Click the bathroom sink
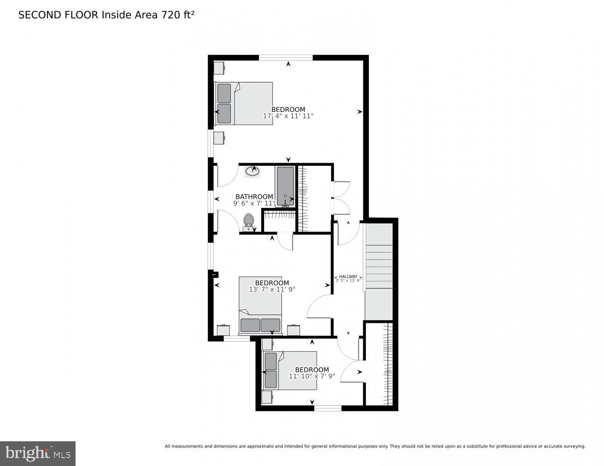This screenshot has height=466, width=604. [x=252, y=171]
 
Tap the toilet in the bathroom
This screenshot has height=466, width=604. [x=249, y=222]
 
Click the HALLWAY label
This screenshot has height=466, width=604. [x=348, y=276]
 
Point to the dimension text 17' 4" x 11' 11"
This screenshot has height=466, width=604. [x=288, y=116]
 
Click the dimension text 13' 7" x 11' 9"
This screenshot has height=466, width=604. [x=272, y=289]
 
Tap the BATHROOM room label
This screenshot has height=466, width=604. [x=254, y=197]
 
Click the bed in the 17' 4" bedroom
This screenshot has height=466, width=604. [x=244, y=103]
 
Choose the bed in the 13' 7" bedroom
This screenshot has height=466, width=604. [x=260, y=306]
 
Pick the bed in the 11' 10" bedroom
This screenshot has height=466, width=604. [x=290, y=370]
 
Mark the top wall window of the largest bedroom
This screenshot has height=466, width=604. [x=285, y=58]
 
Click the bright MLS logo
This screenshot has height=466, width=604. [x=37, y=453]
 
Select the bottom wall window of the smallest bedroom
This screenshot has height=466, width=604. [x=327, y=408]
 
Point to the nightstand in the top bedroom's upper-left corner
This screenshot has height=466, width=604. [x=219, y=68]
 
